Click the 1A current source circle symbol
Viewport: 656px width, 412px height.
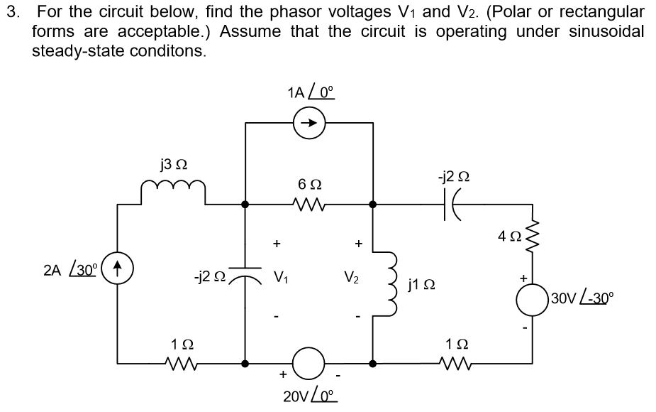pyautogui.click(x=309, y=123)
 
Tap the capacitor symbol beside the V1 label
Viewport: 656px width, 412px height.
pyautogui.click(x=245, y=272)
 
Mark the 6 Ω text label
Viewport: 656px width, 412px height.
pyautogui.click(x=308, y=184)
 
